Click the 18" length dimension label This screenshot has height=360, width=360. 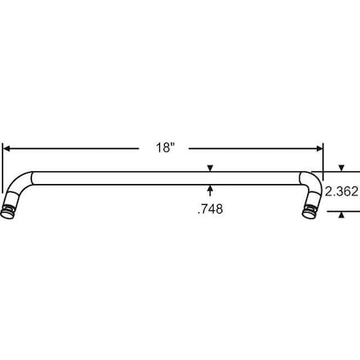tap(166, 148)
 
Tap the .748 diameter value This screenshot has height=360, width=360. tap(210, 210)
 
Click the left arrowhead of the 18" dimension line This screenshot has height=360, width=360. tap(7, 148)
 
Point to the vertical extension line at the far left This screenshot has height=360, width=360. tap(3, 160)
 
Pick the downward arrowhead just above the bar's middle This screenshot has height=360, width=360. tap(210, 168)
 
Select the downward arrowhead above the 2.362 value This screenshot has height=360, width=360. tap(342, 168)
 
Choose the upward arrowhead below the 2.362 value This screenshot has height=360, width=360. tap(342, 214)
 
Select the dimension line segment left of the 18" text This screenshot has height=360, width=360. tap(80, 148)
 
